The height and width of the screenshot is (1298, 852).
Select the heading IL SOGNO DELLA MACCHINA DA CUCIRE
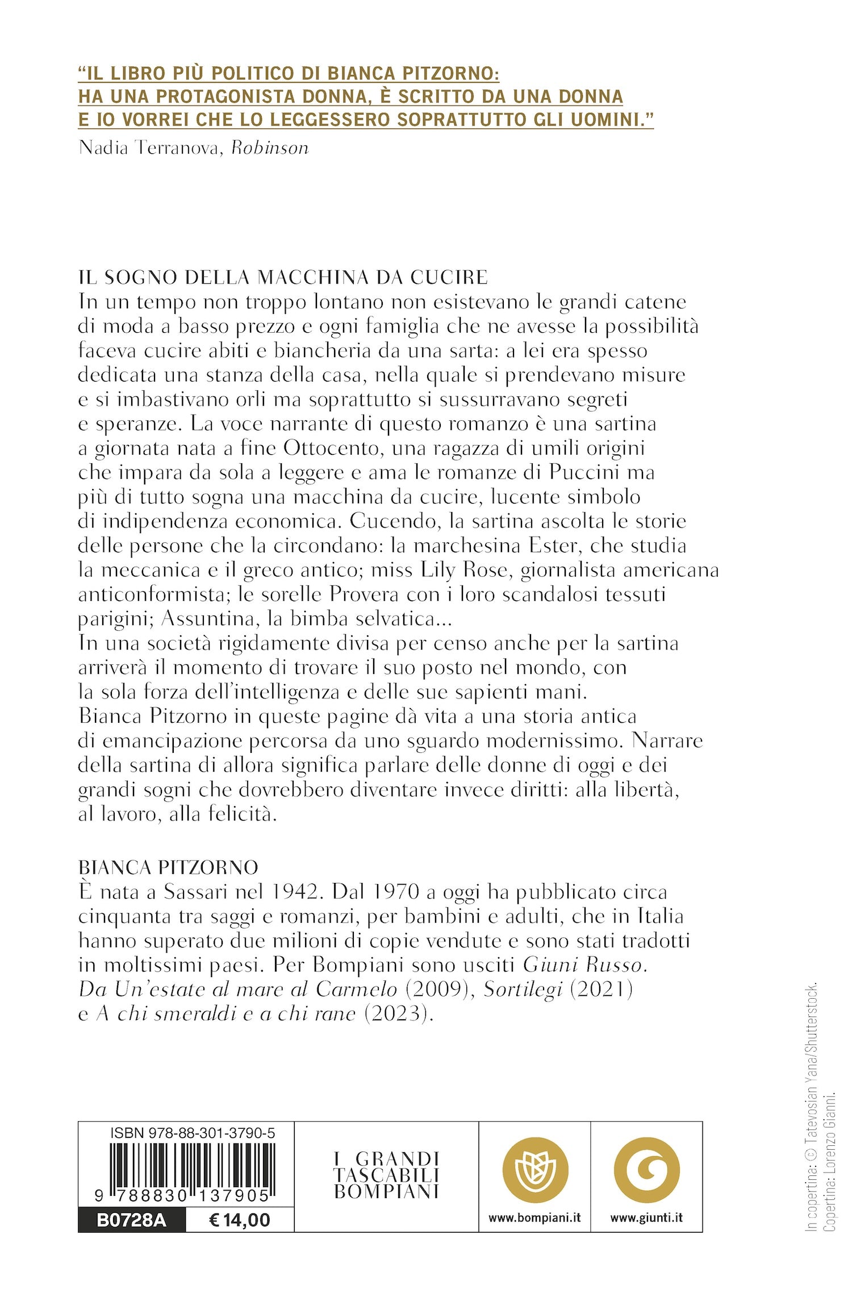[283, 277]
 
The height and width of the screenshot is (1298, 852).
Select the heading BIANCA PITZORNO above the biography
[168, 868]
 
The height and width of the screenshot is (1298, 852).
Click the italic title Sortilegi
[523, 990]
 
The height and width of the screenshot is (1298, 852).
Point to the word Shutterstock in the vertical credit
[813, 1019]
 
